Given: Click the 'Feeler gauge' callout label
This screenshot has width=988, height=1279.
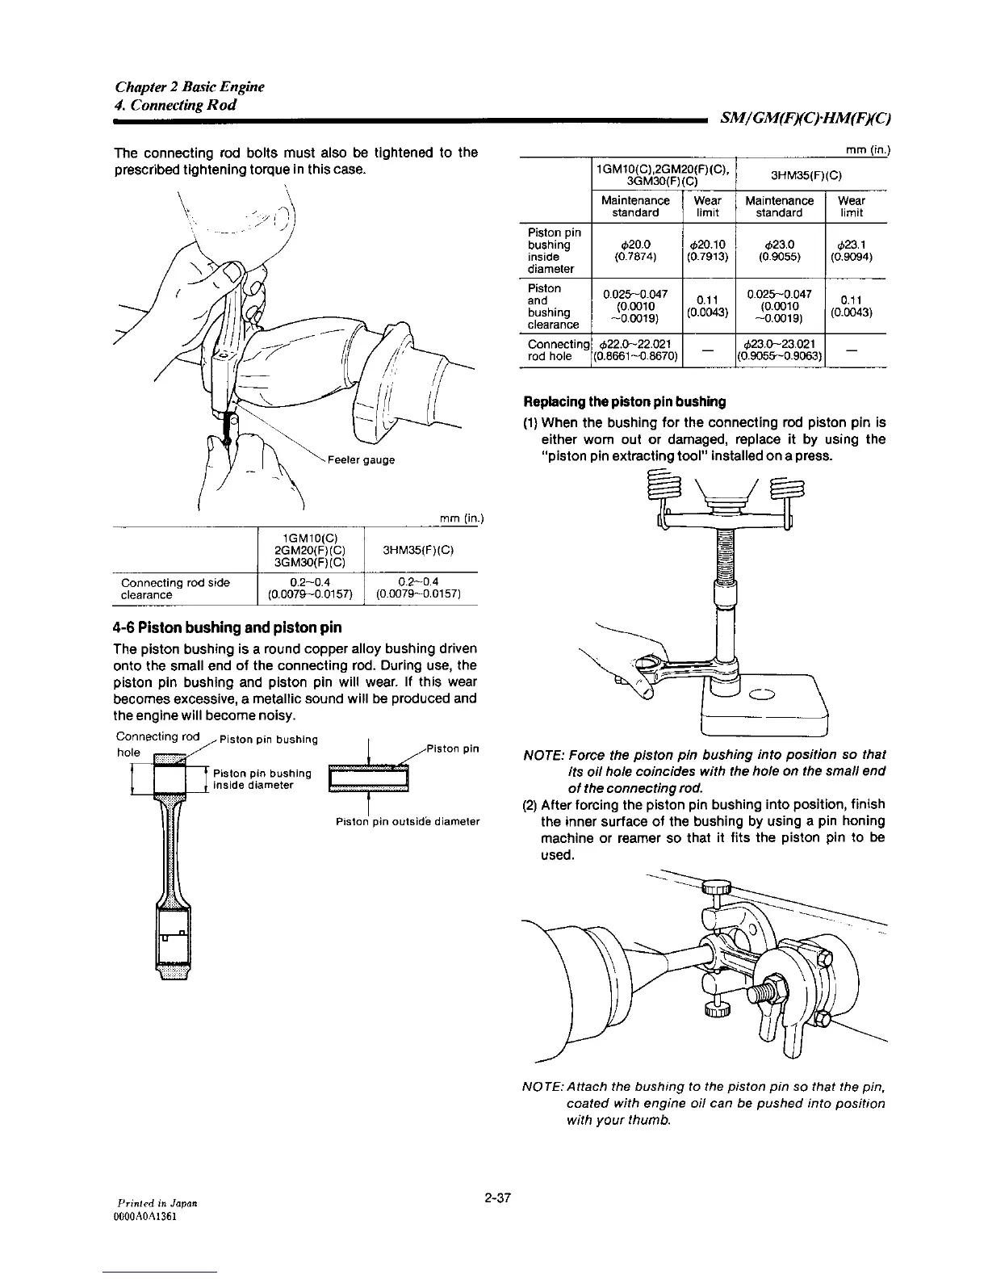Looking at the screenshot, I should click(x=361, y=460).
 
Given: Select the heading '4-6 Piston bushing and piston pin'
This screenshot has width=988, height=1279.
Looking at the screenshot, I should click(x=227, y=627).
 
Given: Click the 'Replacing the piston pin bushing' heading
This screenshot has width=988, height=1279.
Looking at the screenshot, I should click(x=625, y=401).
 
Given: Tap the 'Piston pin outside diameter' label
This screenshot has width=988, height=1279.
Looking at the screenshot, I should click(x=408, y=822).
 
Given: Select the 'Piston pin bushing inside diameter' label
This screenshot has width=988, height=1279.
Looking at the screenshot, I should click(x=262, y=779).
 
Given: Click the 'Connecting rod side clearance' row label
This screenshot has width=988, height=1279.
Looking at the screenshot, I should click(x=175, y=589).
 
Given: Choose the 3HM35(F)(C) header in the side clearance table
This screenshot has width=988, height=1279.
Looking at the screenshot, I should click(x=419, y=551).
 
